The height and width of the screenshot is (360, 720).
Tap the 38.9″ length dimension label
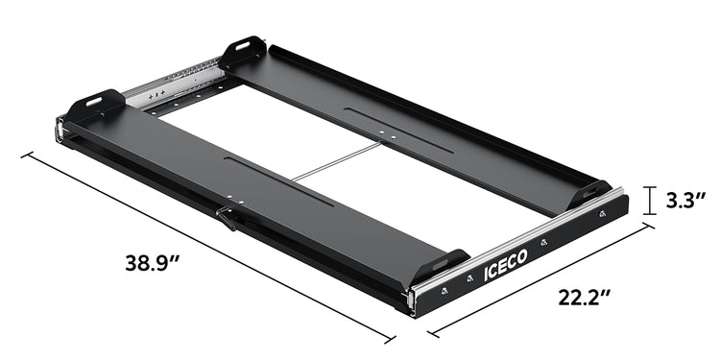point(160,260)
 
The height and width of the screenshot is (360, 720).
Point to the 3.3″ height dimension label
point(689,201)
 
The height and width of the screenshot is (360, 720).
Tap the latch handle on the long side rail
point(226,218)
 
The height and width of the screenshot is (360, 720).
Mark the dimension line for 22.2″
point(542,280)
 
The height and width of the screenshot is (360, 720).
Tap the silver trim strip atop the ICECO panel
point(518,240)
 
